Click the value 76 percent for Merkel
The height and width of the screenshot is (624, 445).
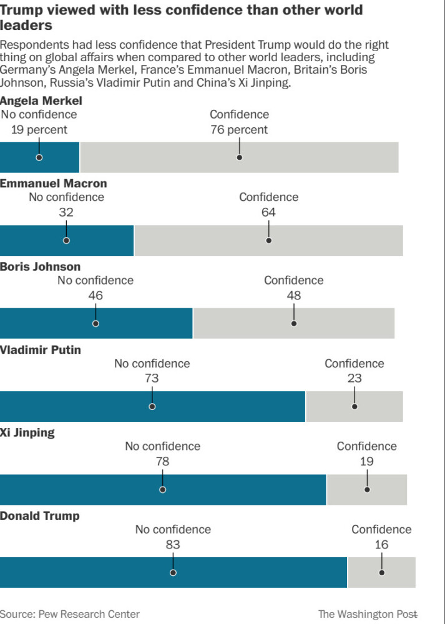tap(238, 130)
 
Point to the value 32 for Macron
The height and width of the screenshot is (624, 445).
tap(66, 212)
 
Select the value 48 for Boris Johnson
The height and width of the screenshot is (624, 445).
tap(293, 295)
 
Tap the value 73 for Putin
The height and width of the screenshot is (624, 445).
tap(152, 378)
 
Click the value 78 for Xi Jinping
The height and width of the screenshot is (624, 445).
tap(162, 462)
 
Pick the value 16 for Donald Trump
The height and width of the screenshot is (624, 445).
tap(381, 545)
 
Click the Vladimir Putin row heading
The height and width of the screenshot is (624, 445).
tap(41, 350)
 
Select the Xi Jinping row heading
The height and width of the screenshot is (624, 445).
tap(27, 433)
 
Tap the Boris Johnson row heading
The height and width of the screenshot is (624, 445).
tap(41, 267)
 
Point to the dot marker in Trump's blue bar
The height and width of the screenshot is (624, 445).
tap(173, 572)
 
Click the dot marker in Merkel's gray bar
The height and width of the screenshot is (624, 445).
tap(239, 157)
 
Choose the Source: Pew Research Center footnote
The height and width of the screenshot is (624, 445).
tap(70, 614)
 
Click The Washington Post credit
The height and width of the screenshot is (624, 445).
tap(367, 614)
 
